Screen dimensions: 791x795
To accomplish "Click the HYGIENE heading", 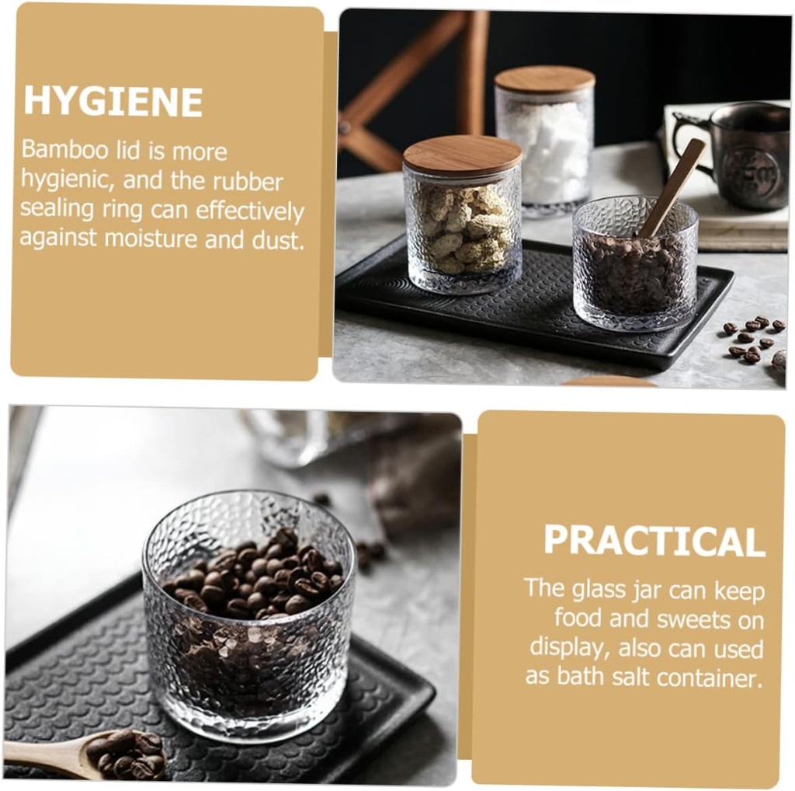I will click(x=113, y=102).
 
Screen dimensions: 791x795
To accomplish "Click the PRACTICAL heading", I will click(x=654, y=541).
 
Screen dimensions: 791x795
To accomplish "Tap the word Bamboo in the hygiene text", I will click(x=59, y=150).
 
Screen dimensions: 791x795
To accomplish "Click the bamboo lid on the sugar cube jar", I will click(x=545, y=79).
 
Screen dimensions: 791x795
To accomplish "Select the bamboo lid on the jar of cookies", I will click(x=462, y=154).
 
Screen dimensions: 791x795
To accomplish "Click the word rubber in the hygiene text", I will click(x=248, y=181).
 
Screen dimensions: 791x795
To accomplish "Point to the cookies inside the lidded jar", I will click(x=462, y=229).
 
